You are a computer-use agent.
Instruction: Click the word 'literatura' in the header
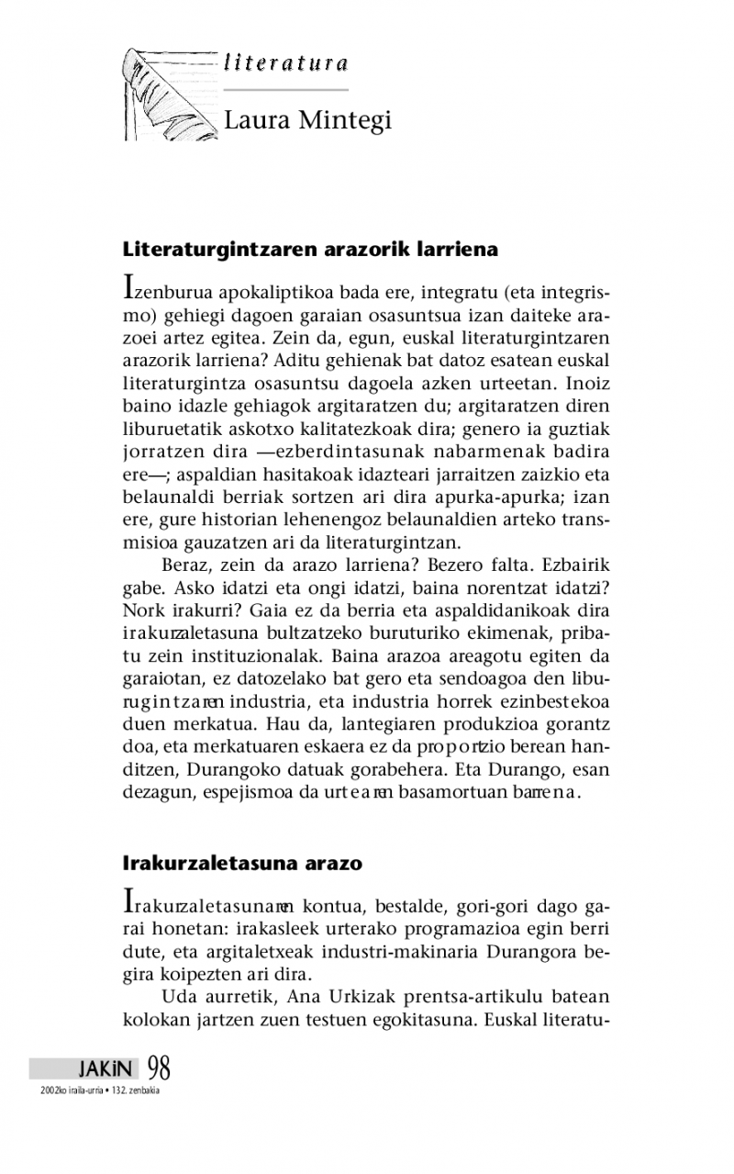coord(285,63)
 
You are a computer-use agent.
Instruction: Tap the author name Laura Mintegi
coord(307,120)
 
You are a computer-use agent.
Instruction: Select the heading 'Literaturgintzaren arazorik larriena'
coord(310,249)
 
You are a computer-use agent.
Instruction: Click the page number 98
coord(158,1068)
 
